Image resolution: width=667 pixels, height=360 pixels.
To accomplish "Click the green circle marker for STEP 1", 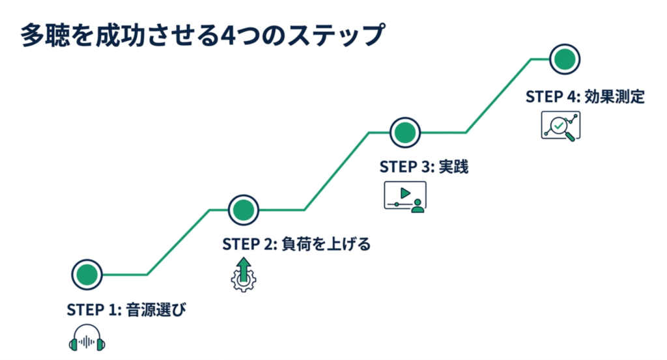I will coord(87,275).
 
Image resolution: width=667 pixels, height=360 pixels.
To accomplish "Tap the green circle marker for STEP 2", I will coord(243,210).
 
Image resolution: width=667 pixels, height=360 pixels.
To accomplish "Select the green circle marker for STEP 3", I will coord(404,133).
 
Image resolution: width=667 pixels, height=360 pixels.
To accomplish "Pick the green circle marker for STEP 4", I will coord(564,59).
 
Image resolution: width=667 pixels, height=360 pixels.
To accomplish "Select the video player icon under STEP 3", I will coord(404,196).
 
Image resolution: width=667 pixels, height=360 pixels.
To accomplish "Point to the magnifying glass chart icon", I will coord(561,125).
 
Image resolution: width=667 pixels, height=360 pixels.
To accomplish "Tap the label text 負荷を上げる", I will coord(326,244).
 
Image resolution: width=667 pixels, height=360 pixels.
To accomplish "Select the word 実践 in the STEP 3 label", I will coord(452,167).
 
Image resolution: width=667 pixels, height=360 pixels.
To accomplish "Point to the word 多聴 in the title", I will coord(42,35).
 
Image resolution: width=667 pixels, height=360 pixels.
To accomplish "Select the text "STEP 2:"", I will coord(251,244).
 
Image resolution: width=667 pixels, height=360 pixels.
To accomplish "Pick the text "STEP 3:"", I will coord(407,167).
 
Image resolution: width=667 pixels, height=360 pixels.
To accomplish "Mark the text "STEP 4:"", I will coord(553,97).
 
